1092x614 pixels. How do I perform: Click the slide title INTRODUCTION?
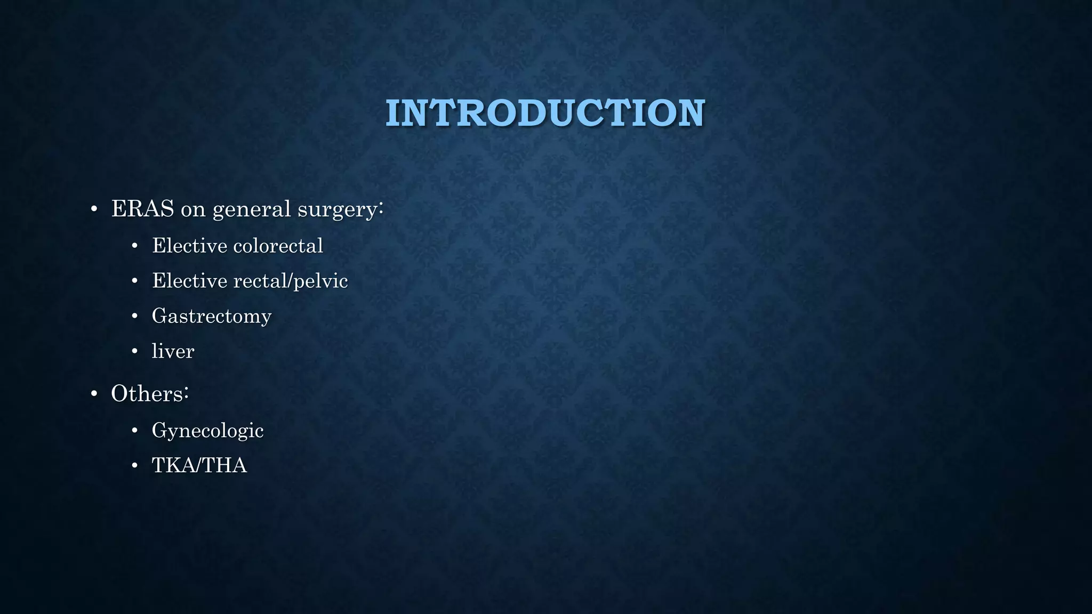[545, 113]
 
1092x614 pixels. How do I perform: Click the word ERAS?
[142, 209]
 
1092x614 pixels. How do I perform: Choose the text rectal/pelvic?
[291, 281]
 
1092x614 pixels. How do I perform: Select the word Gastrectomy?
[212, 316]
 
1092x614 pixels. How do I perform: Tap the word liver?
[173, 351]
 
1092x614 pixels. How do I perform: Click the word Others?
[147, 394]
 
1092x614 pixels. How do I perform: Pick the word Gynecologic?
[207, 431]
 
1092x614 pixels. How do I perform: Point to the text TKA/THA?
[199, 465]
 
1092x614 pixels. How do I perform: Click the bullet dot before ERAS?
[94, 209]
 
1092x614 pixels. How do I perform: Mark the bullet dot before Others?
[94, 394]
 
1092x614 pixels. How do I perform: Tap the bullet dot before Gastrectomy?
[135, 317]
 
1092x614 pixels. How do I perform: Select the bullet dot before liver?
[135, 352]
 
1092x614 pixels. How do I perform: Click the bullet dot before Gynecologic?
[135, 431]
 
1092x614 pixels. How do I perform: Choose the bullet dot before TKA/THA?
[135, 466]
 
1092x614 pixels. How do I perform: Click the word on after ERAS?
[193, 210]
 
